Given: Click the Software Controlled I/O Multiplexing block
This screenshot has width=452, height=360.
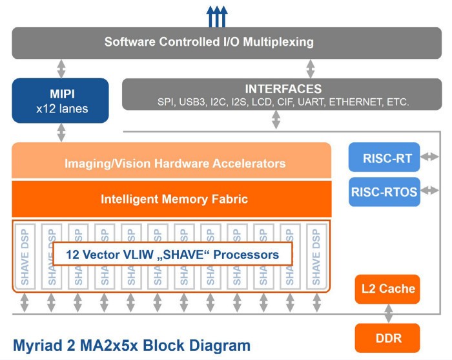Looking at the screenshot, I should click(209, 43).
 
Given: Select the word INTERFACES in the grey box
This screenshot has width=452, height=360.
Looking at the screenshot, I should click(283, 89).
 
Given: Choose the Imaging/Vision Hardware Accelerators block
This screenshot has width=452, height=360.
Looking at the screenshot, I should click(174, 164).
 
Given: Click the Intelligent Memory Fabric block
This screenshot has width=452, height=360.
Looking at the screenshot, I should click(174, 199).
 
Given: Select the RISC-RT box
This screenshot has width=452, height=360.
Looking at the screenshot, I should click(384, 156).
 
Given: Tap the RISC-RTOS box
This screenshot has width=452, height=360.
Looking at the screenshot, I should click(384, 191).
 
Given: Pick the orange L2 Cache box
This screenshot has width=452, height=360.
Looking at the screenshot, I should click(387, 288).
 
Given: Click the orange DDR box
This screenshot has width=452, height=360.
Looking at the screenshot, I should click(387, 337).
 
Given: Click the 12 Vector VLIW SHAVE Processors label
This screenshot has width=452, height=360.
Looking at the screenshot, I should click(172, 254).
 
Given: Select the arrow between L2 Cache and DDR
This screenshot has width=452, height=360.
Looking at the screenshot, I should click(388, 313).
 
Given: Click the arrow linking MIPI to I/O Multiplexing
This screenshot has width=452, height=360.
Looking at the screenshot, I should click(61, 68).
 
